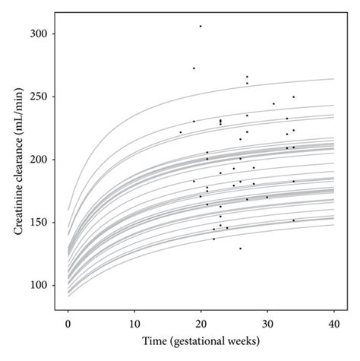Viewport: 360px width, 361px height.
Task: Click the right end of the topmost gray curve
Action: coord(333,79)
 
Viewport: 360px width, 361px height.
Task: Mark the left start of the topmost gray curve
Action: coord(68,210)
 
